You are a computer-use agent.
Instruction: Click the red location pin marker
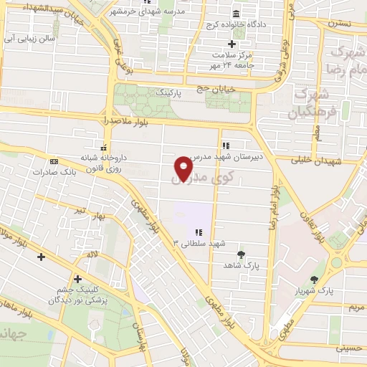184,168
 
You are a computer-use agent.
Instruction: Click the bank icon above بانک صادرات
53,161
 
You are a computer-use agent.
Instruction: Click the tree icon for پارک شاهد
240,254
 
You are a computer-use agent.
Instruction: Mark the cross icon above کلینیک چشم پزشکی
77,279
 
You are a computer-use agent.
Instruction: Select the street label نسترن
340,24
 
